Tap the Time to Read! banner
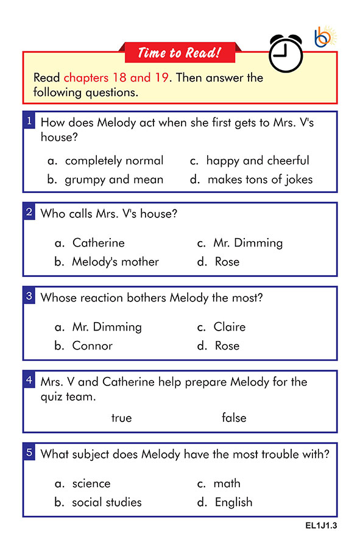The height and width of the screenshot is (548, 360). (x=178, y=53)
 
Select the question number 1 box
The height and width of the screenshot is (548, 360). (x=29, y=121)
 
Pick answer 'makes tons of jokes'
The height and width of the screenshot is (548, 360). (x=260, y=180)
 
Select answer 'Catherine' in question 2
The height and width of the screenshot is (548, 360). (x=98, y=243)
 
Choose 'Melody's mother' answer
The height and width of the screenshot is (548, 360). (x=115, y=262)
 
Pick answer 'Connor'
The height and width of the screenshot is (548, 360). (x=92, y=346)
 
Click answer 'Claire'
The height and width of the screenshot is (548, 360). (x=229, y=327)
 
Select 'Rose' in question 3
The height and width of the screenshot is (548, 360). (x=227, y=346)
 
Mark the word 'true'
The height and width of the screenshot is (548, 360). (x=121, y=418)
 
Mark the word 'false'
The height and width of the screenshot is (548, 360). (x=234, y=418)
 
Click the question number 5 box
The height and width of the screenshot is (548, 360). (x=29, y=452)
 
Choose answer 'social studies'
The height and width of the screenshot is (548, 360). (x=107, y=502)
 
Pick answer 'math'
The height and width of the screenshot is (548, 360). (x=227, y=483)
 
